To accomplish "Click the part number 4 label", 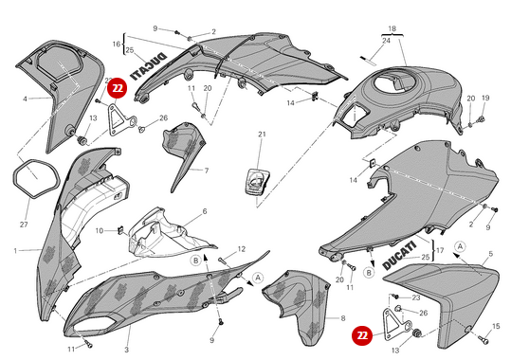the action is [25, 99].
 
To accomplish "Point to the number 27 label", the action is [24, 225].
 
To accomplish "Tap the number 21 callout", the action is [262, 135].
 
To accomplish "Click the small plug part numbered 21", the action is [257, 183].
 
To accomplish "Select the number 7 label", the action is [207, 171].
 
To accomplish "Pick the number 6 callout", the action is [205, 211].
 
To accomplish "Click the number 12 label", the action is [241, 249].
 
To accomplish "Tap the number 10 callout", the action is [100, 230].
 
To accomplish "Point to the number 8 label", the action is [342, 318].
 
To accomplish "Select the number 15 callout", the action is [496, 326].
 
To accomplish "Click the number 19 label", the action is [485, 98].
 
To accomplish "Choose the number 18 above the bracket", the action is [392, 28].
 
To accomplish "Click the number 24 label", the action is [386, 41].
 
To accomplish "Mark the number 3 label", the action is [126, 350].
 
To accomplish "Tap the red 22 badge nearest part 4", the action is [118, 88].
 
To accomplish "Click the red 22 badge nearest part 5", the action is [362, 335].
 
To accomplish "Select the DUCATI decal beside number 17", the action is [399, 256].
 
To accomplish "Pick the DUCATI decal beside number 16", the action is [149, 66].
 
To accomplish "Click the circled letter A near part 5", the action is [460, 246].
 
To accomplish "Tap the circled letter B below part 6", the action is [196, 261].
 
